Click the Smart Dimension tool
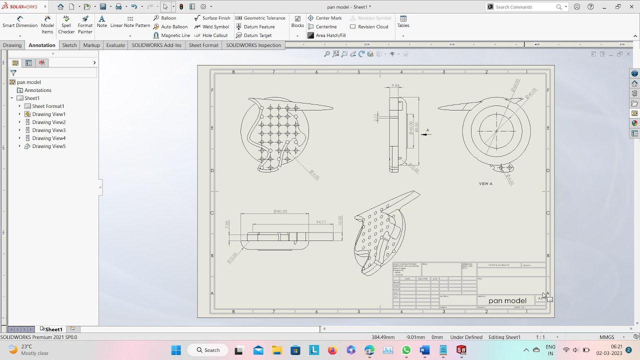coord(20,22)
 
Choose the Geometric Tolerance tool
coord(263,18)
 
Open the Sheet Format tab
coord(203,45)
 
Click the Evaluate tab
coord(115,45)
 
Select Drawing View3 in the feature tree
coord(48,130)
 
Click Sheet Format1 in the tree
coord(48,106)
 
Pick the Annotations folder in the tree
coord(38,90)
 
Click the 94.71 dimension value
coord(321,222)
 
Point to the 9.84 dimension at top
coord(395,85)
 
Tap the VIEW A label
coord(485,183)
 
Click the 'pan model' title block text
coord(507,300)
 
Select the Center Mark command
coord(328,18)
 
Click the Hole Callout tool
coord(214,35)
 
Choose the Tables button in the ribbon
coord(403,21)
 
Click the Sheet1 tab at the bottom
coord(53,329)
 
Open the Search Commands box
coord(525,7)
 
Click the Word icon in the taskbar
coord(424,350)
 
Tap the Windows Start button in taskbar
coord(176,350)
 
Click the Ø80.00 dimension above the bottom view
coord(280,211)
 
